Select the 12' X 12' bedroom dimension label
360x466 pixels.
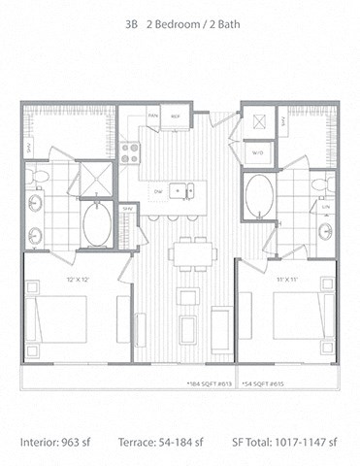(79, 280)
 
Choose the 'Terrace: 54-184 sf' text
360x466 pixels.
(175, 442)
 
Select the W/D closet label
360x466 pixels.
(258, 153)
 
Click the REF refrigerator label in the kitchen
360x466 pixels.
(176, 116)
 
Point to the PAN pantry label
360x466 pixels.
(152, 116)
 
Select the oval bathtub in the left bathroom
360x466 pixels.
(97, 225)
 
